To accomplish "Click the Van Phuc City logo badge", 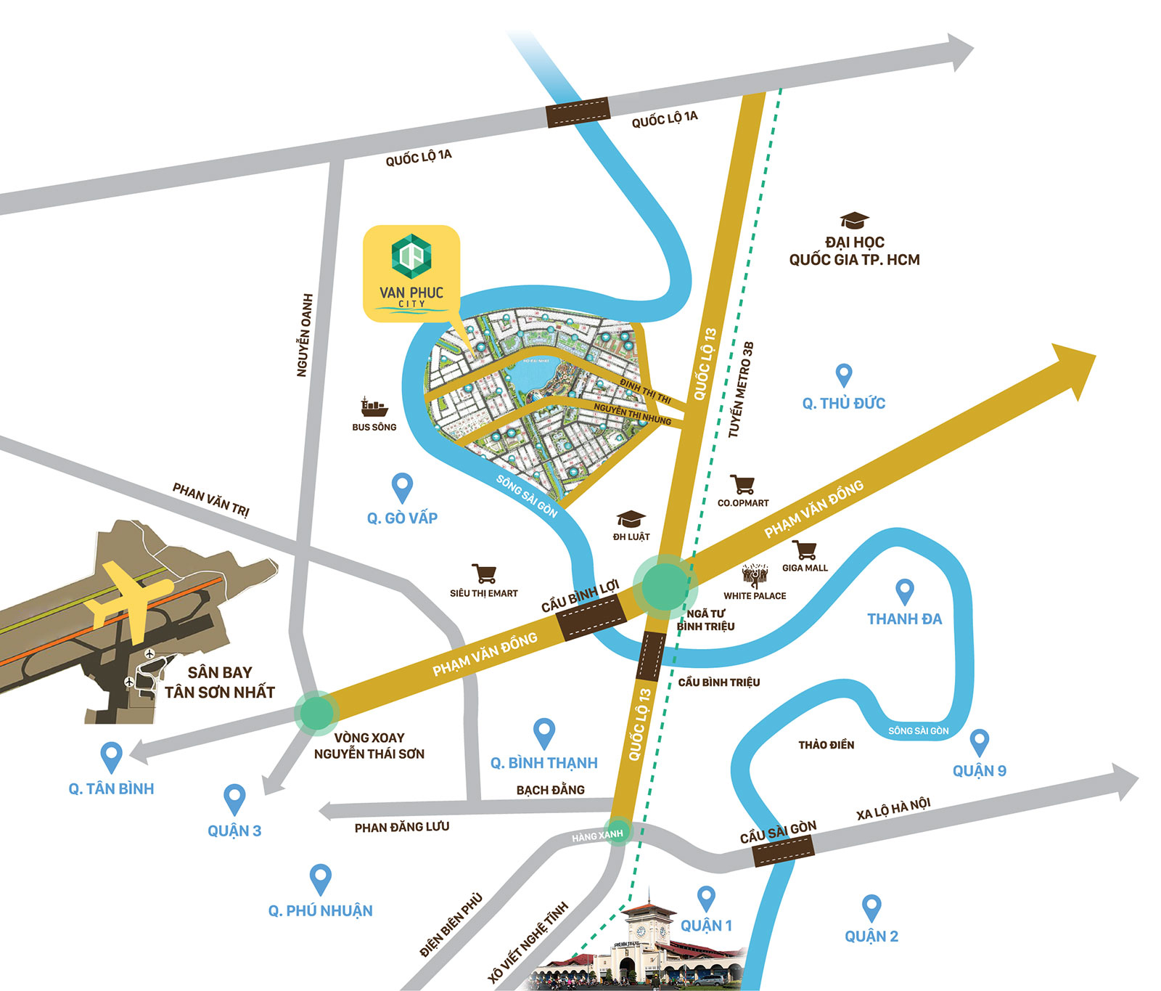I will [x=411, y=272].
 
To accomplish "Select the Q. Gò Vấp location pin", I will [x=402, y=487].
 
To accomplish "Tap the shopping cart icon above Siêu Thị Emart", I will [x=484, y=574].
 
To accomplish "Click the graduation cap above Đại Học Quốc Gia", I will [x=854, y=220].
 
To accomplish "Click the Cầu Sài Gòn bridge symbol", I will [x=783, y=849].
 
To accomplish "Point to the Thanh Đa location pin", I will [x=904, y=592].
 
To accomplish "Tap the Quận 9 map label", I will [x=979, y=771].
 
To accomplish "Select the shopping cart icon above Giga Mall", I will [x=804, y=550].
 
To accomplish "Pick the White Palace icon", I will [x=755, y=576].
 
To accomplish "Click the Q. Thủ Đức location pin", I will [x=843, y=375].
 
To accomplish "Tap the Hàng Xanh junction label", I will [x=597, y=836].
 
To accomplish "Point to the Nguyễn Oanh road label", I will [x=304, y=335].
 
